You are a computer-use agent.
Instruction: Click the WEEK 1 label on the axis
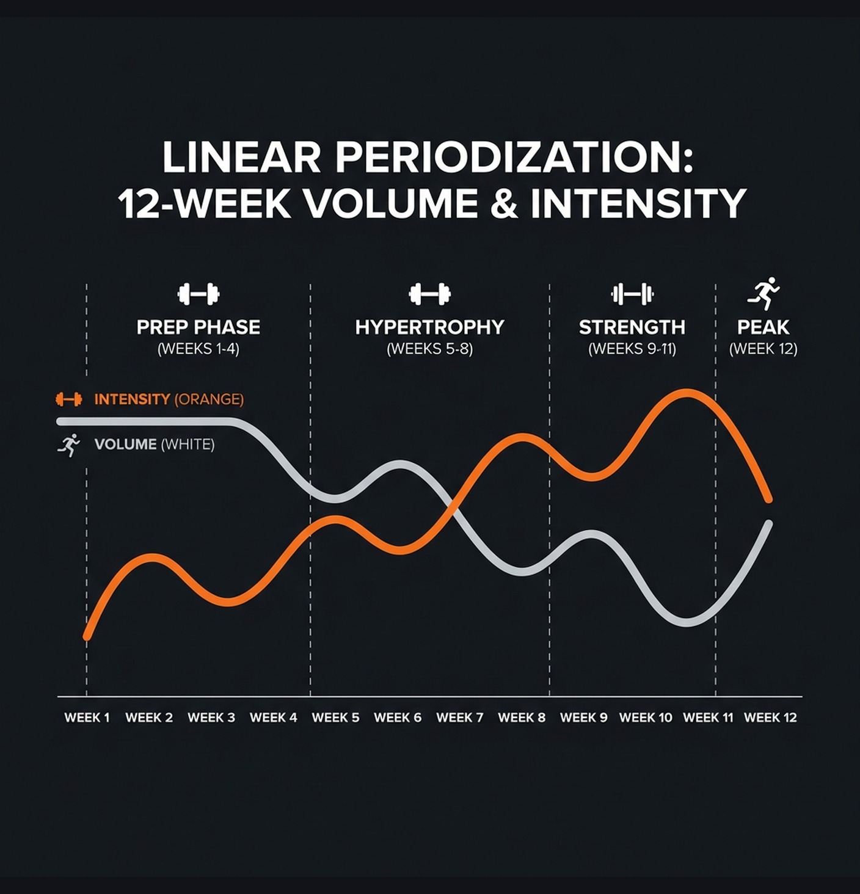coord(87,718)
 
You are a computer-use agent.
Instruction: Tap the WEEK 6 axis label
coord(398,718)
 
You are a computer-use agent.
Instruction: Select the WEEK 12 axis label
coord(770,718)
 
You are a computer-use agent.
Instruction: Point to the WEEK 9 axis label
coord(583,718)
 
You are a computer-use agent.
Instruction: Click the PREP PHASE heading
coord(199,327)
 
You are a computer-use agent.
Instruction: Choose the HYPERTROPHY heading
coord(429,327)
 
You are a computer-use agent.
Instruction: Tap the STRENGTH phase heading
coord(632,327)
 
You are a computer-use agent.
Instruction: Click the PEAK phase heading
coord(763,327)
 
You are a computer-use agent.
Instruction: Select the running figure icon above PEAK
coord(763,294)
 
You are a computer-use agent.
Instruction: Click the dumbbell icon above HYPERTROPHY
coord(429,294)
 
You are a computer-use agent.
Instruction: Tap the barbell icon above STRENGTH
coord(632,294)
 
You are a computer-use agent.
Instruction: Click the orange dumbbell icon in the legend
coord(69,399)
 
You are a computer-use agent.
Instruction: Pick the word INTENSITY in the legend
coord(132,399)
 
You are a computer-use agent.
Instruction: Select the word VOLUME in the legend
coord(125,444)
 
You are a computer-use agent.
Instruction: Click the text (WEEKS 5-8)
coord(429,349)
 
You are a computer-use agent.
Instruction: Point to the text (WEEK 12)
coord(763,349)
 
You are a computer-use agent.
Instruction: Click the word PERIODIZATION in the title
coord(514,158)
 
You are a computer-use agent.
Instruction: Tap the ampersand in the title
coord(504,203)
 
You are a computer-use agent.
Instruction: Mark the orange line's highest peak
coord(687,393)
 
